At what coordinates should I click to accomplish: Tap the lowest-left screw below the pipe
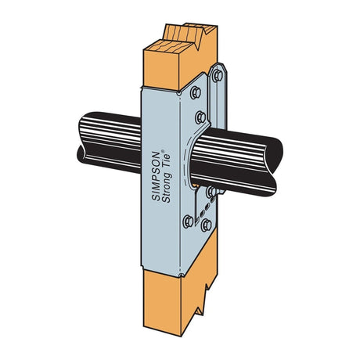pyautogui.click(x=188, y=221)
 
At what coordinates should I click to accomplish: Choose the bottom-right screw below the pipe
pyautogui.click(x=206, y=226)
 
